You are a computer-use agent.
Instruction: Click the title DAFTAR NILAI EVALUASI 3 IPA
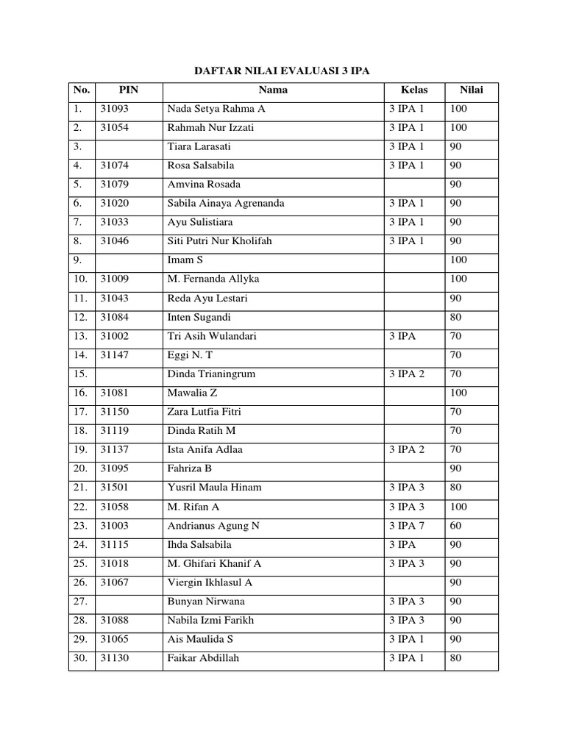282,71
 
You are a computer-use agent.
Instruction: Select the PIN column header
128,90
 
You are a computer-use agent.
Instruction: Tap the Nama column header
273,90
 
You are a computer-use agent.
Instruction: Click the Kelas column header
413,90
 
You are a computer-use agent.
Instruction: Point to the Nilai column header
471,90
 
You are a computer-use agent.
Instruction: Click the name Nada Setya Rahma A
216,109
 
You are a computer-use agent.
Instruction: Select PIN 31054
115,127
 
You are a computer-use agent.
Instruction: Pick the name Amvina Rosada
204,184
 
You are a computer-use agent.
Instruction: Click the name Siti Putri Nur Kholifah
220,240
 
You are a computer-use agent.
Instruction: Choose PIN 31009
115,279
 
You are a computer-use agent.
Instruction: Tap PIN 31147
115,354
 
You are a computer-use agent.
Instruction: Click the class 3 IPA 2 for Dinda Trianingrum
407,374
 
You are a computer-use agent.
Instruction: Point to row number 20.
79,468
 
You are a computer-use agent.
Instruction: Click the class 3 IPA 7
407,526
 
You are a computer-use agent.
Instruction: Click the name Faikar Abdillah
203,658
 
